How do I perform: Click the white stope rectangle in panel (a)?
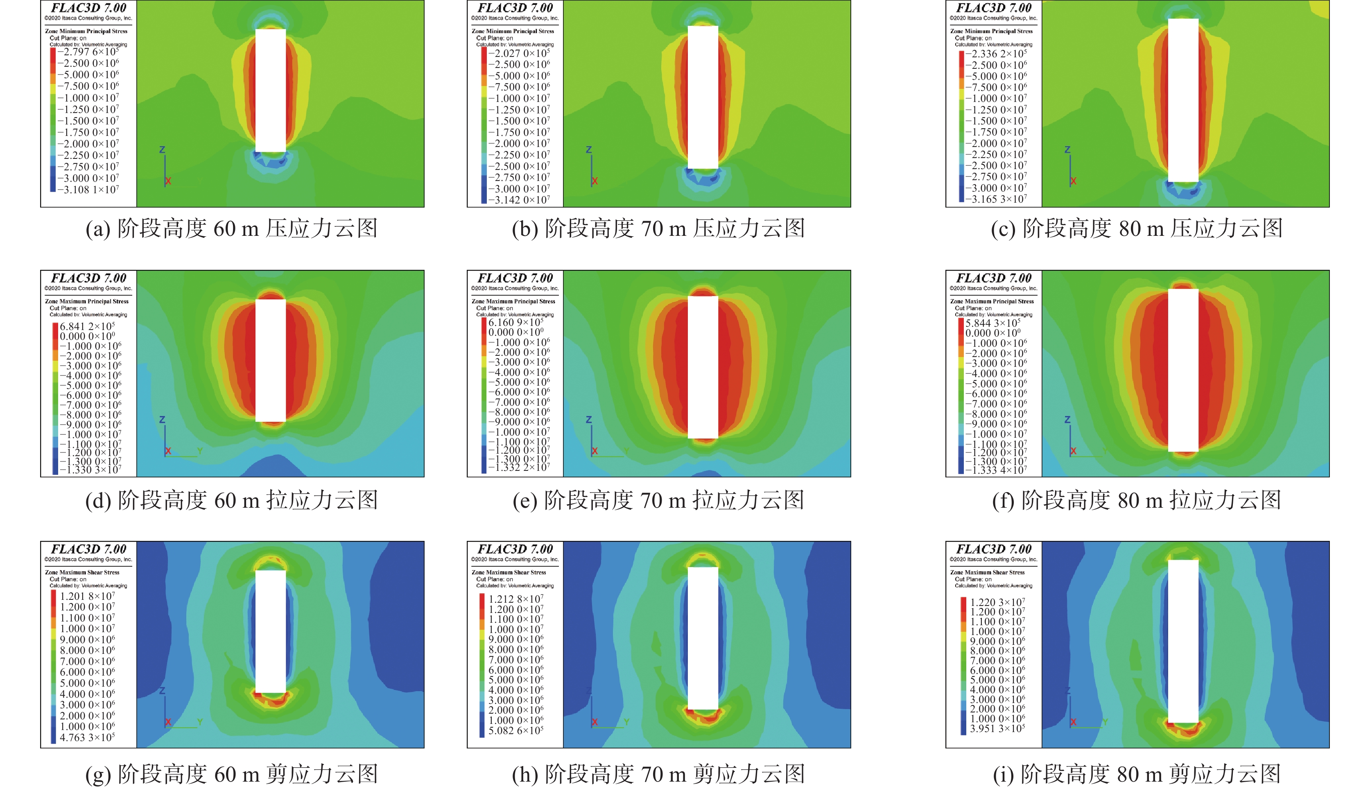(270, 90)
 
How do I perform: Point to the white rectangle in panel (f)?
(1183, 370)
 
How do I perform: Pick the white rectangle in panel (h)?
(703, 638)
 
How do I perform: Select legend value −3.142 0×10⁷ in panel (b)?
(519, 200)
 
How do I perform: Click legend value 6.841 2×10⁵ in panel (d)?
(87, 326)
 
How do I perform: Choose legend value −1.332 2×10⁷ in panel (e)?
(519, 467)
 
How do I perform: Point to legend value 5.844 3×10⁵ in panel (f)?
(993, 322)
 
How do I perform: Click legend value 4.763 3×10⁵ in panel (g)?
(87, 737)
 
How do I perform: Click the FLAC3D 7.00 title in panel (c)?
(993, 8)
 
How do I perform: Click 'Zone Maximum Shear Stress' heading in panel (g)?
(82, 572)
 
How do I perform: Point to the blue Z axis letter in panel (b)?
(589, 149)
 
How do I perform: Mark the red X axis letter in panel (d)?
(168, 451)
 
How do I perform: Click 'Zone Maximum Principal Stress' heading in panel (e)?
(513, 301)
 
